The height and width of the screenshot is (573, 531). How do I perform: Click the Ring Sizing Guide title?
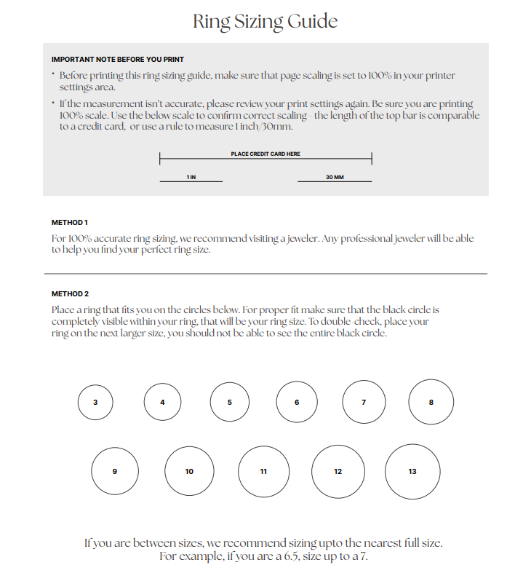click(x=265, y=21)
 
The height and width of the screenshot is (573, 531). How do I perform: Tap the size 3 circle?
click(x=95, y=402)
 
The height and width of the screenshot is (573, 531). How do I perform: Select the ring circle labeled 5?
click(x=230, y=402)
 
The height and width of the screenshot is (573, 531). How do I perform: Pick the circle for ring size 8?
click(x=431, y=402)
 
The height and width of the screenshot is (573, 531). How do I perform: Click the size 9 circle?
click(x=114, y=471)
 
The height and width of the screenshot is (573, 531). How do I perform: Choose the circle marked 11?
click(x=263, y=471)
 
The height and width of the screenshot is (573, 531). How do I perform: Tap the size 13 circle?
click(x=412, y=471)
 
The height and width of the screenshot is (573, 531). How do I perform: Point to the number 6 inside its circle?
click(x=297, y=402)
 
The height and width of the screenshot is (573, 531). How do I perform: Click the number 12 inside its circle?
click(x=338, y=472)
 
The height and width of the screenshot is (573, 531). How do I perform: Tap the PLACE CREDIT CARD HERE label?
click(x=265, y=154)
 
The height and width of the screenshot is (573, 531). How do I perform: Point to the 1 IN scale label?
click(x=191, y=177)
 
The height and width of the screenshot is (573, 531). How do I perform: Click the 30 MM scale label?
click(x=335, y=177)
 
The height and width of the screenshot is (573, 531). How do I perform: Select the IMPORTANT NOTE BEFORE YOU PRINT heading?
click(x=117, y=59)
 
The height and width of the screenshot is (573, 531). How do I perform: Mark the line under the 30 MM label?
click(x=335, y=182)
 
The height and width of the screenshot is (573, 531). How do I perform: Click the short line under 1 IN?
click(x=191, y=182)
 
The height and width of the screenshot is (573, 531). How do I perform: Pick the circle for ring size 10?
click(x=189, y=471)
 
